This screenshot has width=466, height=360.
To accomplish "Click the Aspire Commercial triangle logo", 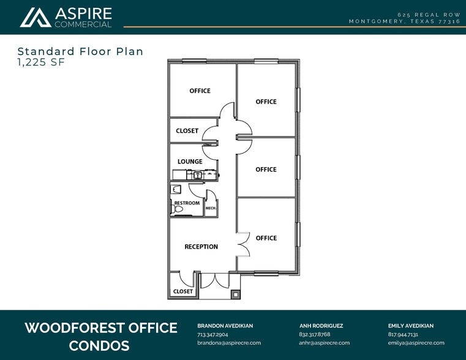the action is click(x=36, y=18).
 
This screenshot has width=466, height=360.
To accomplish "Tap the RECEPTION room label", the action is click(x=201, y=247).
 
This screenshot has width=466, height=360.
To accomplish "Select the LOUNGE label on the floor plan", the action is click(x=190, y=162).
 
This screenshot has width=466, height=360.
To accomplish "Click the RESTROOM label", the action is click(x=187, y=203).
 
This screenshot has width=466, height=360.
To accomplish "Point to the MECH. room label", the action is click(x=211, y=208).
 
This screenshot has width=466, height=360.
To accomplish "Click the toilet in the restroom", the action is click(x=176, y=209).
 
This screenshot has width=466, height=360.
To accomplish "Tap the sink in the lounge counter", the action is click(x=198, y=175).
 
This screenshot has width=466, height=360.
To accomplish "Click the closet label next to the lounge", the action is click(x=187, y=130).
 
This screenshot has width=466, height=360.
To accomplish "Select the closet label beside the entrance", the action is click(x=183, y=291).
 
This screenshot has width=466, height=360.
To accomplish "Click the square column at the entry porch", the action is click(x=235, y=294).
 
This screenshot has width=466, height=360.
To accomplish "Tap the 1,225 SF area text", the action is click(x=41, y=62).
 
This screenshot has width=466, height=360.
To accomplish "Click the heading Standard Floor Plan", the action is click(x=80, y=51).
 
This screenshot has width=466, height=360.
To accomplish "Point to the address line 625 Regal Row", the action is click(x=429, y=15).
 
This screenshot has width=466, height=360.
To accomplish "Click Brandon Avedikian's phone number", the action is click(x=212, y=334).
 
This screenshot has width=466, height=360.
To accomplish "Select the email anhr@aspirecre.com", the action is click(x=324, y=343).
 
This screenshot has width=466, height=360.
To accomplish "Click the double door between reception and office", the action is click(x=244, y=244).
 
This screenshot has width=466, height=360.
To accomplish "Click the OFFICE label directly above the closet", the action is click(x=200, y=91).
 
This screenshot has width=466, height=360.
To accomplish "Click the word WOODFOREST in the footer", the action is click(x=75, y=328).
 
